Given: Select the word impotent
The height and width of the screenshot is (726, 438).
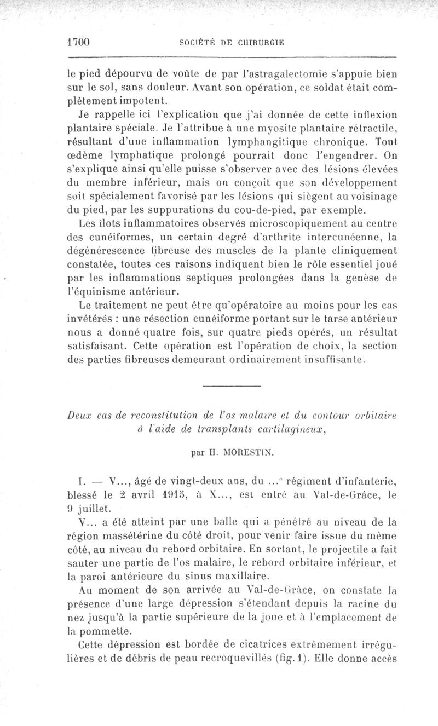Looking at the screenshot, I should pos(128,101).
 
